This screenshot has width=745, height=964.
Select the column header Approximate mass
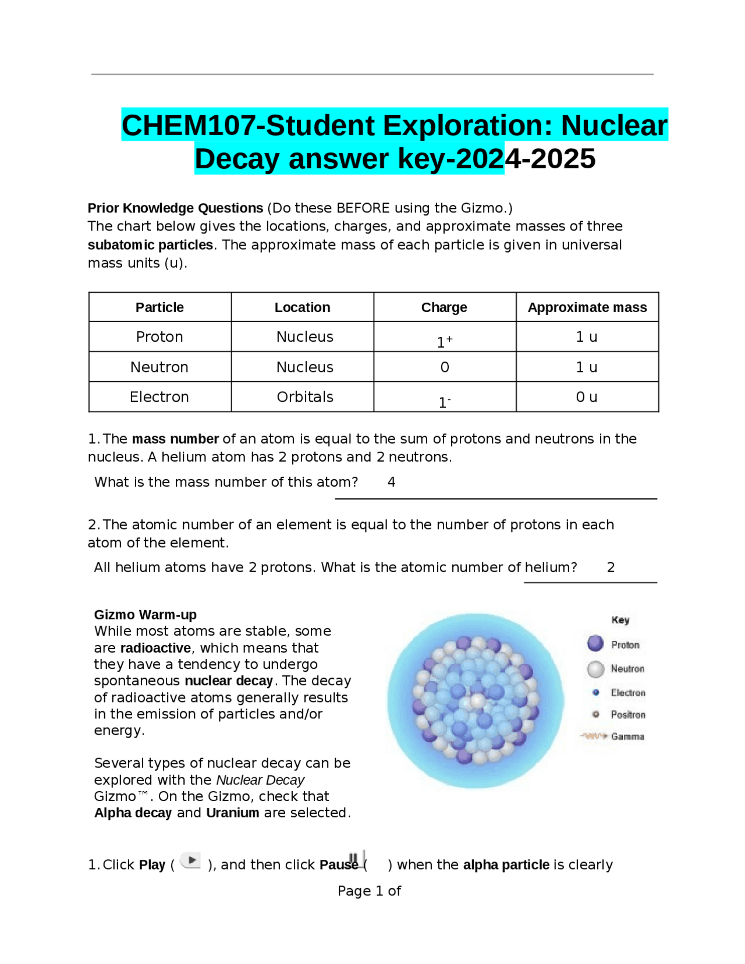(x=587, y=307)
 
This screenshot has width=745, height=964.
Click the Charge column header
(x=444, y=307)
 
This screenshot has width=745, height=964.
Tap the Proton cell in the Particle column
(x=159, y=337)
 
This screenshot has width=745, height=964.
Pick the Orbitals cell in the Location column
(x=304, y=397)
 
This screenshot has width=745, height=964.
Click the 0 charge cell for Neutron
(x=445, y=367)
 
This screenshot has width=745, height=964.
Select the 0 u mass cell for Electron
(x=587, y=397)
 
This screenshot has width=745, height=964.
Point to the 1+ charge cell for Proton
(x=445, y=341)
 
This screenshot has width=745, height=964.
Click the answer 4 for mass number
(x=391, y=482)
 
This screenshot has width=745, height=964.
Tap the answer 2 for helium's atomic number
(x=611, y=568)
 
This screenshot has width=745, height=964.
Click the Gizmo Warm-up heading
(x=146, y=615)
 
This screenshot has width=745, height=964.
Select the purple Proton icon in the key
(x=595, y=643)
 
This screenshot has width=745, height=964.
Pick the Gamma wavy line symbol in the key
(x=594, y=736)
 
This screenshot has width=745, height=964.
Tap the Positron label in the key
(x=627, y=715)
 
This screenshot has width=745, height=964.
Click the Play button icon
(x=191, y=860)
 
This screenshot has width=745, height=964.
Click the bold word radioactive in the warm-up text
(x=155, y=648)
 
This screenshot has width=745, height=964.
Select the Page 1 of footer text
(x=369, y=891)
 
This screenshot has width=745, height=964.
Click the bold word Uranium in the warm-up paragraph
(x=232, y=813)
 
